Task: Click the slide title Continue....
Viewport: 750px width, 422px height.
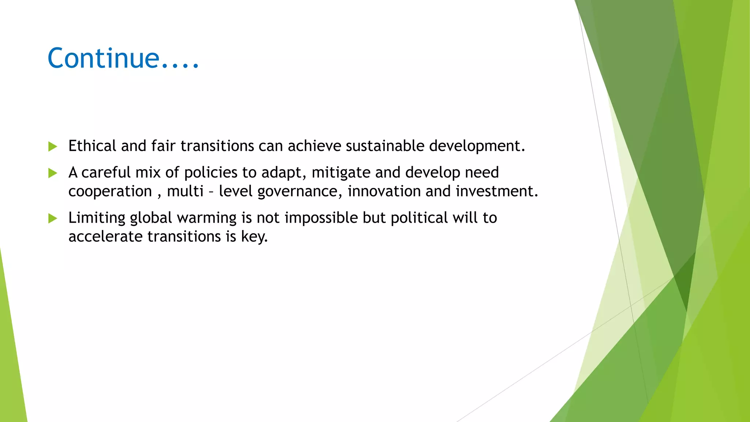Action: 123,58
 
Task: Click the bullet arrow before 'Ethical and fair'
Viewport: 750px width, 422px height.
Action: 53,147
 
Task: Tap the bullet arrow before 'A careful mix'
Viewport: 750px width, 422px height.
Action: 53,173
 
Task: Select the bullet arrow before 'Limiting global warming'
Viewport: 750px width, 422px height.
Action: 53,218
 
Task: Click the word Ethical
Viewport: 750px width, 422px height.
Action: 92,146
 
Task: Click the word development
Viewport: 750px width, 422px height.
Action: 477,146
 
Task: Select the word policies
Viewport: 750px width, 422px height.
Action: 211,173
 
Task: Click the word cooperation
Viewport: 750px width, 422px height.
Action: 110,192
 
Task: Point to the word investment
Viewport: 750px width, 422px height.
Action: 497,191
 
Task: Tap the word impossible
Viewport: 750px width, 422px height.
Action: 321,218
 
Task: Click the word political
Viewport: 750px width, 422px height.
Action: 419,218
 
